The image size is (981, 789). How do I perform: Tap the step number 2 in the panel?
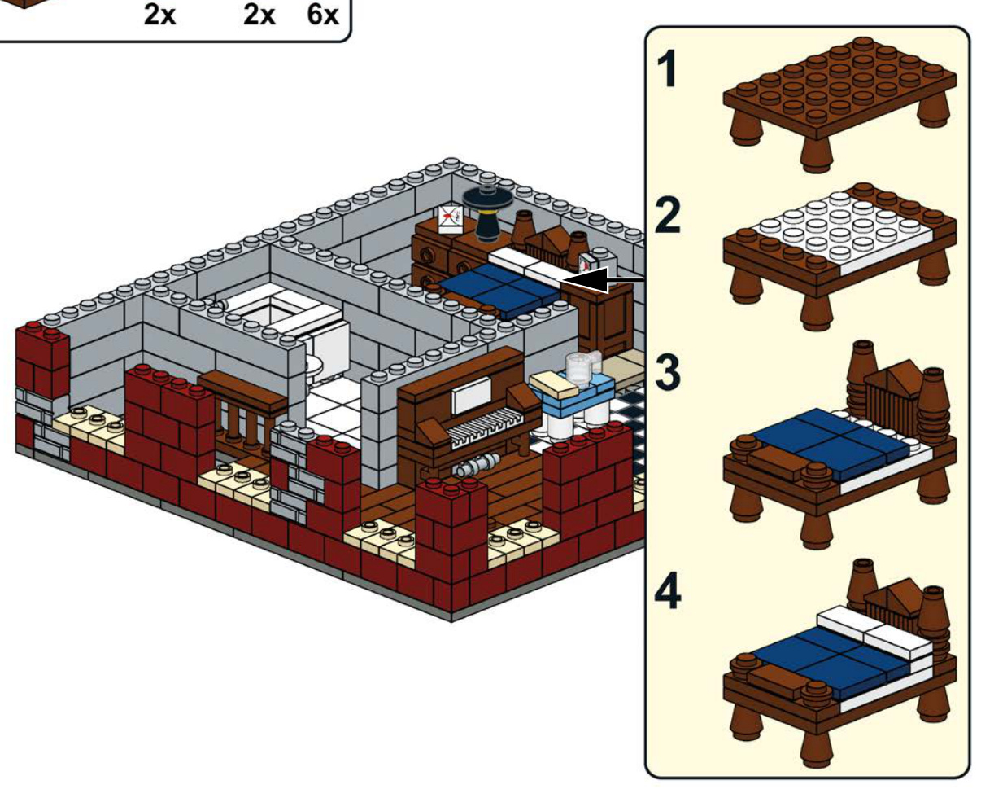click(668, 214)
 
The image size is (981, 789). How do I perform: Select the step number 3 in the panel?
click(668, 373)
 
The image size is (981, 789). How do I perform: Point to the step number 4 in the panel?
click(669, 592)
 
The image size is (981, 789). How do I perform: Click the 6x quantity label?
click(323, 14)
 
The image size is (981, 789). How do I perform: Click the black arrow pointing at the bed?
click(603, 280)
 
